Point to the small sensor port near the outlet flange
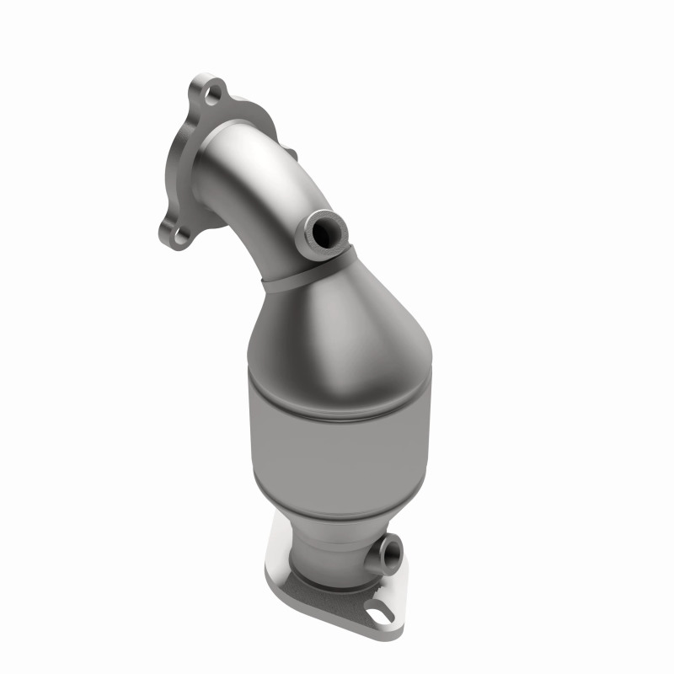391,553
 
